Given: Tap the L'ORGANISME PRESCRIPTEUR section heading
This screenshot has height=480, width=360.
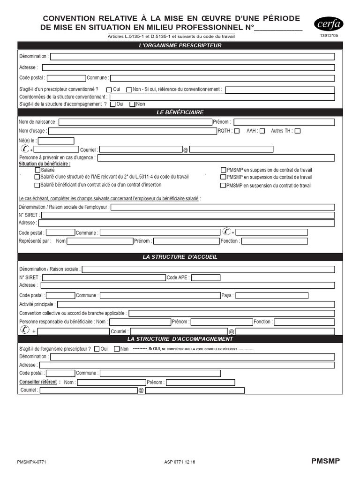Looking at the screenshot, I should pyautogui.click(x=180, y=45).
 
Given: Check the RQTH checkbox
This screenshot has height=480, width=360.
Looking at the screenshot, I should pyautogui.click(x=237, y=131).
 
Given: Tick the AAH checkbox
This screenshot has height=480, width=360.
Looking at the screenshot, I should pyautogui.click(x=262, y=131).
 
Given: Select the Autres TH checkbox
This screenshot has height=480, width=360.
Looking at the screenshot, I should pyautogui.click(x=298, y=131).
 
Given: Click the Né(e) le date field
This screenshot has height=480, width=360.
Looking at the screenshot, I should pyautogui.click(x=56, y=141).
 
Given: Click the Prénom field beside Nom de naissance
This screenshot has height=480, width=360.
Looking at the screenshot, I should pyautogui.click(x=284, y=122).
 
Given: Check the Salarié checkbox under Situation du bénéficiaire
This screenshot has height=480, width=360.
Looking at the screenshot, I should pyautogui.click(x=37, y=170).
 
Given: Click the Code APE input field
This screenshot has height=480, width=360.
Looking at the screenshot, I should pyautogui.click(x=206, y=277).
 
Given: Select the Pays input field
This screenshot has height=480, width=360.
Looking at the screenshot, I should pyautogui.click(x=285, y=295).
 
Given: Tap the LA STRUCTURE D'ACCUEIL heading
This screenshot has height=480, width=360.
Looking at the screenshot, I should pyautogui.click(x=180, y=257).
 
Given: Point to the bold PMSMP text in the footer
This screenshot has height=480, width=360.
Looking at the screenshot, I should pyautogui.click(x=325, y=461).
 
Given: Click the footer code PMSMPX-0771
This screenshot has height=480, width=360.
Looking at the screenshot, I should pyautogui.click(x=31, y=462).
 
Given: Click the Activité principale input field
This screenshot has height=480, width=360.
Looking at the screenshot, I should pyautogui.click(x=195, y=304).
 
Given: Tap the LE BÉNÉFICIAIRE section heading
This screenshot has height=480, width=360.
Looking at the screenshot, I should pyautogui.click(x=180, y=112).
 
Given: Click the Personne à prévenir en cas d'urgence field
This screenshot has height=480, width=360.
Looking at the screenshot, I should pyautogui.click(x=216, y=158).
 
